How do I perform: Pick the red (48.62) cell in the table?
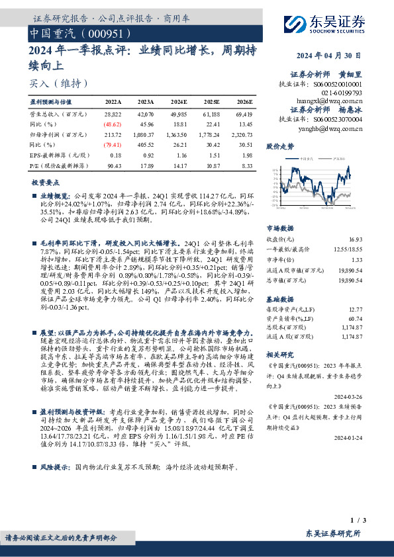coord(113,123)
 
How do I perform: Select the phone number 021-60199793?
coord(340,93)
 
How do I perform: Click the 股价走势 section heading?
coord(279,146)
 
